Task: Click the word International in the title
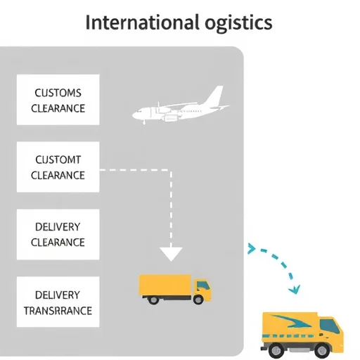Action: click(x=143, y=22)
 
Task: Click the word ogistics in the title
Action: click(x=238, y=24)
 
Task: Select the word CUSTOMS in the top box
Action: click(x=58, y=93)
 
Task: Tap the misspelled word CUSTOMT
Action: click(x=58, y=160)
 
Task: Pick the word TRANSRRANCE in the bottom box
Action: click(x=58, y=311)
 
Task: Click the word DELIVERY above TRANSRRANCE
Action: click(x=58, y=295)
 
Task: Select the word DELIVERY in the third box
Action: click(x=58, y=227)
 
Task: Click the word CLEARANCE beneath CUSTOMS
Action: click(x=58, y=108)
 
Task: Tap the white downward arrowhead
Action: click(x=171, y=254)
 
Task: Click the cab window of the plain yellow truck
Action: click(x=202, y=285)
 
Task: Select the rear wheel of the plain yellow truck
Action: click(x=153, y=300)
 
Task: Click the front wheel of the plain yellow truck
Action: click(x=198, y=300)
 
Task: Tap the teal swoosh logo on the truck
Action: click(x=290, y=321)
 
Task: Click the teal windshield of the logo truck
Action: click(x=330, y=326)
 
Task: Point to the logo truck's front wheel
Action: click(x=322, y=350)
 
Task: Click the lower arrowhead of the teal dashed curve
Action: click(x=295, y=290)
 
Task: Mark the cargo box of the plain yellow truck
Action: click(x=165, y=285)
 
